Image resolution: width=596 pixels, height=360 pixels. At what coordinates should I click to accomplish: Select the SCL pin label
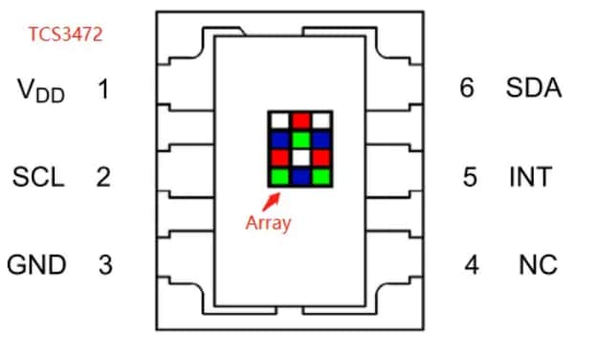click(x=37, y=177)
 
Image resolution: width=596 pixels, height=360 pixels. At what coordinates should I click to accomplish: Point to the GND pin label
click(x=37, y=264)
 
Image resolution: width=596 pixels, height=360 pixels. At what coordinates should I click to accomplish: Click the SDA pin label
click(x=534, y=89)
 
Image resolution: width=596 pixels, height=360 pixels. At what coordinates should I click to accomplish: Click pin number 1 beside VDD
click(x=103, y=90)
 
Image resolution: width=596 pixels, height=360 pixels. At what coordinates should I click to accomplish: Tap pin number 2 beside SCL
click(x=103, y=177)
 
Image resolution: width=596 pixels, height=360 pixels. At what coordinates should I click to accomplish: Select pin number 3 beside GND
click(x=104, y=264)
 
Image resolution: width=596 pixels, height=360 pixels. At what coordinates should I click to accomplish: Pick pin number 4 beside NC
click(x=471, y=264)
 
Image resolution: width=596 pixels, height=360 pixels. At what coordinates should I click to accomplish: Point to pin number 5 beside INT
click(x=470, y=177)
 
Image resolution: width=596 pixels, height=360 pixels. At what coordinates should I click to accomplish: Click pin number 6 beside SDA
click(x=467, y=89)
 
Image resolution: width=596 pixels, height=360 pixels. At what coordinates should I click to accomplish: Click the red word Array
click(x=268, y=223)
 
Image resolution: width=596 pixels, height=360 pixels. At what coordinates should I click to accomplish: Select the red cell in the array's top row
click(x=299, y=121)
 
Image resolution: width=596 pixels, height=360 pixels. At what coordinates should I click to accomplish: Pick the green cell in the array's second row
click(x=299, y=139)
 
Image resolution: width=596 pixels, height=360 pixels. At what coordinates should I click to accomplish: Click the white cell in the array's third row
click(x=299, y=157)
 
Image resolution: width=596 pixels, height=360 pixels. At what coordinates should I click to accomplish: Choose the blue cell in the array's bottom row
click(x=299, y=176)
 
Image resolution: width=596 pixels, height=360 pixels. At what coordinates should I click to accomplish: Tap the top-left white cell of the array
click(x=279, y=121)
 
